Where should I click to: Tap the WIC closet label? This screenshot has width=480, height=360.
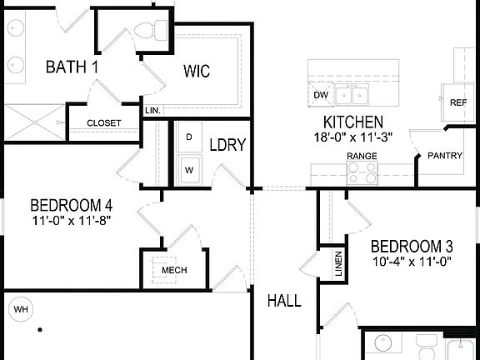click(198, 71)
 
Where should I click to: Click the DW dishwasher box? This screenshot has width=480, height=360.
click(321, 94)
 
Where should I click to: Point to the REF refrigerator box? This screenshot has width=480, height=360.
click(457, 102)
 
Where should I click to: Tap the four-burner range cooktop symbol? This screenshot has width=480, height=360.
click(362, 172)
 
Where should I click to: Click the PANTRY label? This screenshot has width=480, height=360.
click(444, 156)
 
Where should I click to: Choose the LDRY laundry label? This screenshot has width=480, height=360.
click(227, 145)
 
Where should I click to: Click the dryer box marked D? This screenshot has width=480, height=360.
click(189, 137)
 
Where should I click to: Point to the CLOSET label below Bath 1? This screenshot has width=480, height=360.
click(104, 123)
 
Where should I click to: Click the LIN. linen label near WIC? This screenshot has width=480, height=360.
click(152, 110)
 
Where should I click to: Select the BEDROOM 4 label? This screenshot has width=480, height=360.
click(71, 205)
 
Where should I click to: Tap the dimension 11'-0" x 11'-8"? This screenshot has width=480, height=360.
click(71, 221)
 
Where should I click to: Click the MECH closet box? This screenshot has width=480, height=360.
click(173, 271)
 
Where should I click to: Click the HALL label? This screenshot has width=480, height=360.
click(283, 301)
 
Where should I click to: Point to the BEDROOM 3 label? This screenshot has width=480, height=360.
click(411, 247)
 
